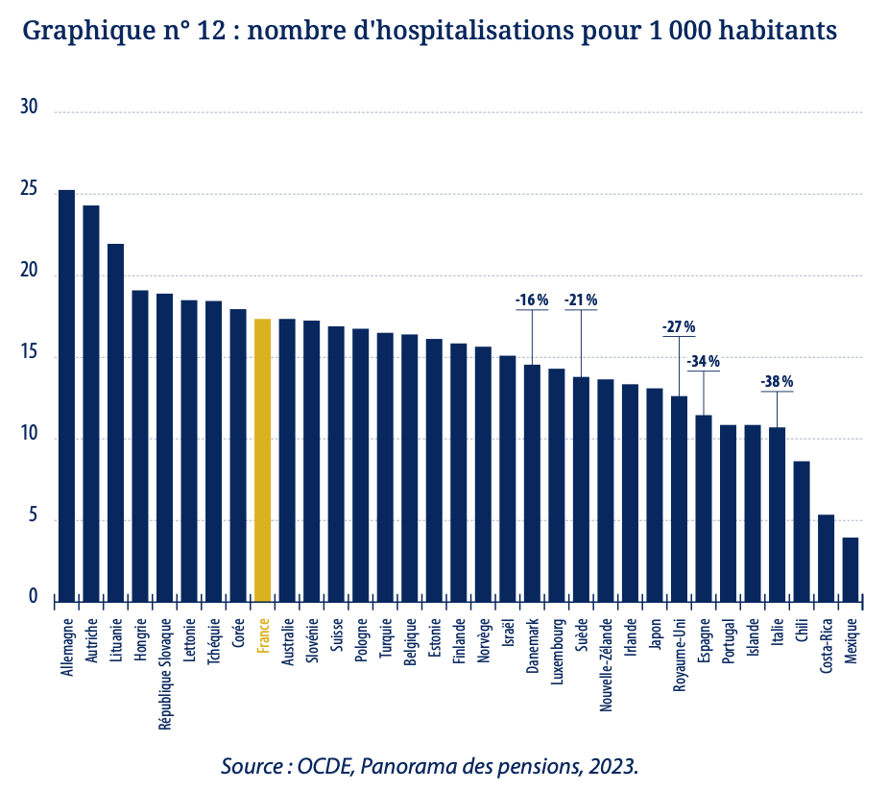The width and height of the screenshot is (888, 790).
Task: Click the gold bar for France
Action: point(262,461)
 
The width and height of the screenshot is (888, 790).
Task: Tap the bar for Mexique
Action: point(851,569)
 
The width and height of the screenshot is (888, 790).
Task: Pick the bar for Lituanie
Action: point(115,422)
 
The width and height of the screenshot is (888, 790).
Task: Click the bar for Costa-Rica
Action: point(826,558)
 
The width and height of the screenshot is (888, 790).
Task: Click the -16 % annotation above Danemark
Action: point(531,300)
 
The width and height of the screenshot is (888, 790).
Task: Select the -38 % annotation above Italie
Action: point(777,382)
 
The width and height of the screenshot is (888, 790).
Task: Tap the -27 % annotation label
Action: point(679,327)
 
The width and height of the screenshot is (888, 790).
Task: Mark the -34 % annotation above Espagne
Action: point(704,362)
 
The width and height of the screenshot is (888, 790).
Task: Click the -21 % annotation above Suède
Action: point(580,300)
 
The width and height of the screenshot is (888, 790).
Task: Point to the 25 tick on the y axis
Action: point(29,191)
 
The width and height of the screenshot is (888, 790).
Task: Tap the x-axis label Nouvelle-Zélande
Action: point(606,663)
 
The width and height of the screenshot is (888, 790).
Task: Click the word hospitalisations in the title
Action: point(499,31)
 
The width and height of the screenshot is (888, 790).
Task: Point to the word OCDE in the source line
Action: point(325,766)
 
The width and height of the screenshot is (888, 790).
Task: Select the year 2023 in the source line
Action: point(610,766)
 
